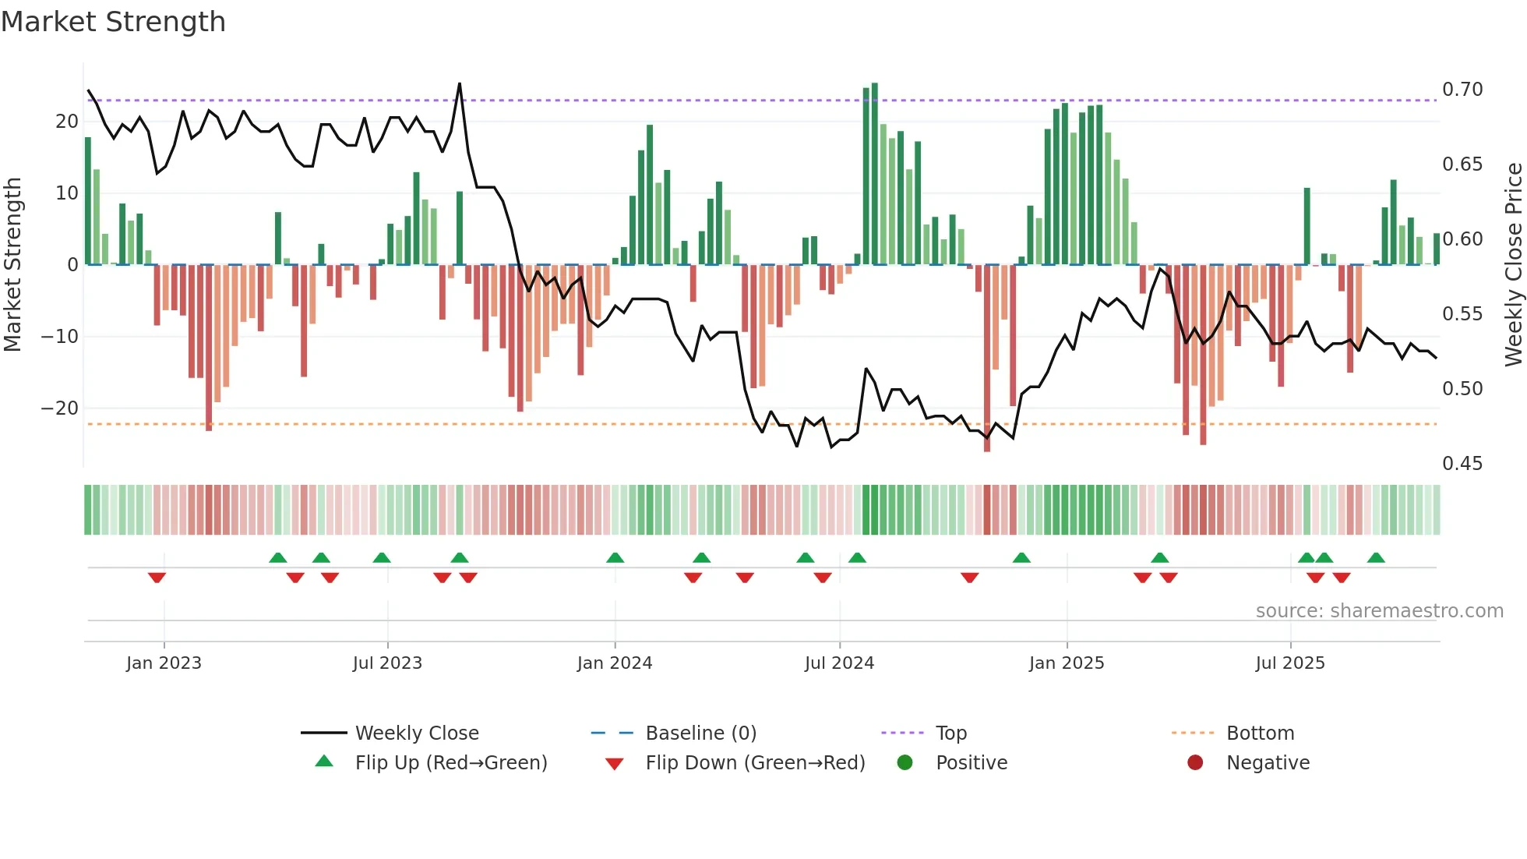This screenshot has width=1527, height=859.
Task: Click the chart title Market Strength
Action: [113, 22]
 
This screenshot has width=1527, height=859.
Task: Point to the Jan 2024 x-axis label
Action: [615, 663]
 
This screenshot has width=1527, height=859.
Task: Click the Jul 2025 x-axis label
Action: [1290, 663]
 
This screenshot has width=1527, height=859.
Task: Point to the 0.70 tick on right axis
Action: [1462, 90]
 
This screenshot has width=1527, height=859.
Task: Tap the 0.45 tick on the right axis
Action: [1462, 464]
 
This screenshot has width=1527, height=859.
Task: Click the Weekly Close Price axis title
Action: [1513, 264]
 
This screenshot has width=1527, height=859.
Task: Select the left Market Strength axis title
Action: [12, 264]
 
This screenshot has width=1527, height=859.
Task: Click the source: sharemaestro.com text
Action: [1379, 611]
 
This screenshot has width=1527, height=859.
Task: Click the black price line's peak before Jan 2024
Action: [460, 83]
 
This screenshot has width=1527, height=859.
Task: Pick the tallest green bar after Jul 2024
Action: [875, 171]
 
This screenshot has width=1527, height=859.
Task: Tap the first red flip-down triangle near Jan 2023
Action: [157, 578]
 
